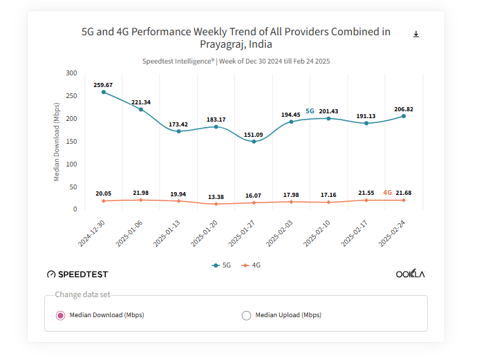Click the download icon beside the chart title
coord(416,34)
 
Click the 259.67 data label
coord(103,85)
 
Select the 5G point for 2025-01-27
coord(254,142)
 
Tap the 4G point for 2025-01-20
coord(216,204)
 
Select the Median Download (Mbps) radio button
coord(60,315)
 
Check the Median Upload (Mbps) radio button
coord(246,315)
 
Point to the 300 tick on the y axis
coord(71,73)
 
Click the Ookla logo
coord(410,274)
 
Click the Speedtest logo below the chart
coord(77,274)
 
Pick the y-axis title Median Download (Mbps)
coord(57,141)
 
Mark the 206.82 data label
coord(404,109)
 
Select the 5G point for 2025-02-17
coord(366,123)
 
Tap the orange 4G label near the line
coord(387,193)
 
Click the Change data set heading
coord(82,294)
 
